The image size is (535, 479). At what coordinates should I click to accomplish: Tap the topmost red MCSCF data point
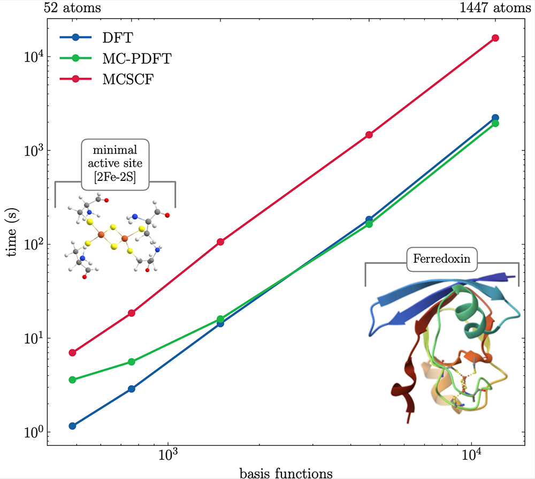coord(495,38)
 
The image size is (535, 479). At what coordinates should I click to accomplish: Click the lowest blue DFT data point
coord(72,426)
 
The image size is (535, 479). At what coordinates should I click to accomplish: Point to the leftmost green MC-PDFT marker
coord(72,380)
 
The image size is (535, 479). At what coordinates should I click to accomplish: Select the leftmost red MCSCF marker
coord(72,353)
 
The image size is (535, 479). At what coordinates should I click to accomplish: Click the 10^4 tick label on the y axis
coord(33,56)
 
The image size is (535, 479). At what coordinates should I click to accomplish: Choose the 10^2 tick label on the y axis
coord(33,244)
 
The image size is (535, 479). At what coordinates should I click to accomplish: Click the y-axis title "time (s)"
coord(12,233)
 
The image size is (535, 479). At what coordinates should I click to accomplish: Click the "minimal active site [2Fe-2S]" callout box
coord(115,165)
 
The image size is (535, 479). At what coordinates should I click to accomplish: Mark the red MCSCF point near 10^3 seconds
coord(369,135)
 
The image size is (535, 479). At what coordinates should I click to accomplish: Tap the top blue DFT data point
coord(495,118)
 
